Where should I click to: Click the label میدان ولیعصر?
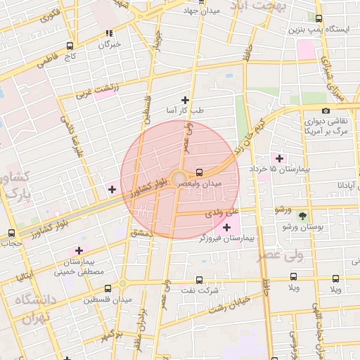coord(202,183)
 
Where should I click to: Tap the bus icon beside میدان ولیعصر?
coord(200,172)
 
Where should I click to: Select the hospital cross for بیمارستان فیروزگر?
coord(226,227)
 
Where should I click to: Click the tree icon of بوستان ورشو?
coord(303,215)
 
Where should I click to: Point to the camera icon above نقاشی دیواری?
coord(326,110)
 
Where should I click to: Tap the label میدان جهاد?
coord(201,11)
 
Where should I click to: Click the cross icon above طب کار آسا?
coord(186,100)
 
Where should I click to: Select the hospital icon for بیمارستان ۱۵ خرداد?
coord(280,158)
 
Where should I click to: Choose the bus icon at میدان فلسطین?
coord(108,288)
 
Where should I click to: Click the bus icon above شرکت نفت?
coord(198,279)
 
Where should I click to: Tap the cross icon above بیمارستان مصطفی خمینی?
coord(79,250)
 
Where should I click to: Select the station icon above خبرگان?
coord(109,33)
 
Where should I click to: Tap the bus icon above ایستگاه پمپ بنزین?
coord(320,19)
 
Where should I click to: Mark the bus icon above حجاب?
coord(11,233)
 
